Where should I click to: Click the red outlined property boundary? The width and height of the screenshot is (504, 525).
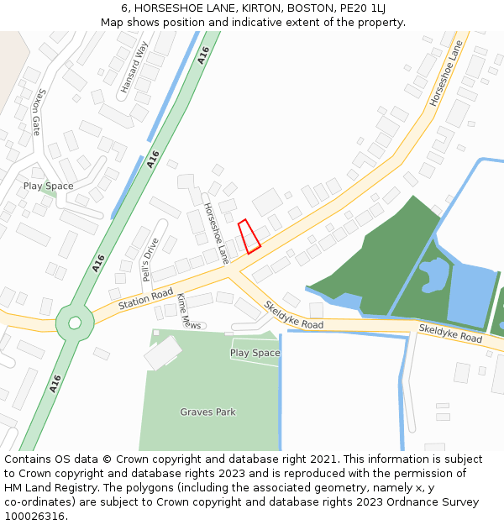tap(249, 237)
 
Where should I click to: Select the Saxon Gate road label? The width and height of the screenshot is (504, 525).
tap(35, 113)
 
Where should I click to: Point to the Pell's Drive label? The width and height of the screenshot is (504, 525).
tap(149, 260)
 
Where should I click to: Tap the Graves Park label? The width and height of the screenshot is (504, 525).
tap(207, 412)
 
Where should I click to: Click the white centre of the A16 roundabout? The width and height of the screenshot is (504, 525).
tap(75, 323)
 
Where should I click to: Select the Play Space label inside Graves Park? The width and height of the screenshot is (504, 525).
tap(255, 354)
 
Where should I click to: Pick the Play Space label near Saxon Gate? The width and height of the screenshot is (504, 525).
tap(48, 186)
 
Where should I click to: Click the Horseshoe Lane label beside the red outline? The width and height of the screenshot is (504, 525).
tap(216, 234)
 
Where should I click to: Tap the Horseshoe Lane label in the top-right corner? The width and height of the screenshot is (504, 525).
tap(446, 74)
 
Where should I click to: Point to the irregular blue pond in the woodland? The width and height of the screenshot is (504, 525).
tap(434, 275)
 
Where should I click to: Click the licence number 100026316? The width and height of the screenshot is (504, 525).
tap(34, 517)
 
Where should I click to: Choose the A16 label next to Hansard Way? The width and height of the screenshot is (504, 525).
tap(202, 55)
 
